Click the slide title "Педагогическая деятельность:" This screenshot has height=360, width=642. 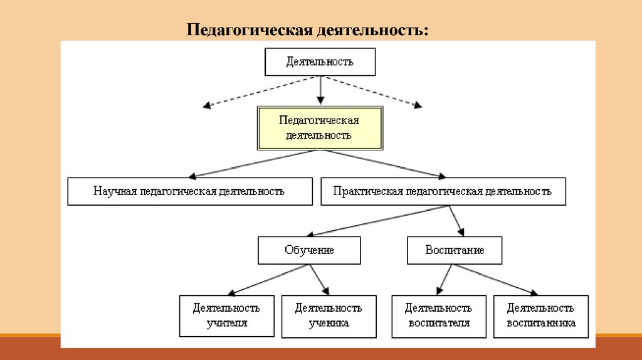pos(307,29)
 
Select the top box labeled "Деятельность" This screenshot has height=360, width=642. pos(320,61)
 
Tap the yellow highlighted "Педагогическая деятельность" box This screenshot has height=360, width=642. pos(320,127)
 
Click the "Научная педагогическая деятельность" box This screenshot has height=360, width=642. pos(189,191)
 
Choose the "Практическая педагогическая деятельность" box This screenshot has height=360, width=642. pos(443,191)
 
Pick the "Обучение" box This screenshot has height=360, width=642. pos(309,250)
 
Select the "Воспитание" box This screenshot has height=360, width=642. pos(455,250)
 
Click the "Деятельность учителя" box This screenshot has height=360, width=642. pos(226,315)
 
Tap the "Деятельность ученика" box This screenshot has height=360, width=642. pos(329,315)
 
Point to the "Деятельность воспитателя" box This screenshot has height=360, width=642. pos(438,315)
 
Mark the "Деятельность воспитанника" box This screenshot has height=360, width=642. pos(540,315)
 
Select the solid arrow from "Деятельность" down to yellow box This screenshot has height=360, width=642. pos(320,89)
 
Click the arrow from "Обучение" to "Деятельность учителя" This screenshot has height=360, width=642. pos(270,279)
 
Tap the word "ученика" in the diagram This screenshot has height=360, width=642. pos(329,323)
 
